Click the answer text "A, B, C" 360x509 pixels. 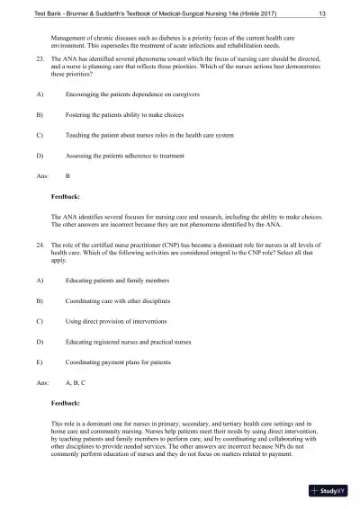tap(81, 383)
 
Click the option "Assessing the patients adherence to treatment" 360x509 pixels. tap(130, 156)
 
